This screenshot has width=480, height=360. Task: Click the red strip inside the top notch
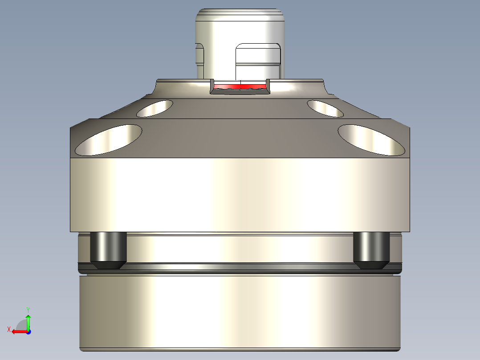tap(240, 86)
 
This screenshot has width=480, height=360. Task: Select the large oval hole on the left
tap(109, 140)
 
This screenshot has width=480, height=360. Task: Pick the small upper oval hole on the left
tap(155, 108)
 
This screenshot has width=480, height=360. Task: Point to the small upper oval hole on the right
tap(325, 108)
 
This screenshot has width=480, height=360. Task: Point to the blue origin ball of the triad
tap(28, 331)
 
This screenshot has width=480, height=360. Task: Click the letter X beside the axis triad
tap(9, 329)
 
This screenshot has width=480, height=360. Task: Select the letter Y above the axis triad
tap(28, 309)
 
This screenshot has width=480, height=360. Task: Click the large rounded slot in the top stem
tap(258, 60)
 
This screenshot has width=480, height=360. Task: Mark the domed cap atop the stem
tap(240, 13)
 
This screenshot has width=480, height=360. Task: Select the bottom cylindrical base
tap(240, 312)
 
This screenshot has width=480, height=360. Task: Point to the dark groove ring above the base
tap(240, 268)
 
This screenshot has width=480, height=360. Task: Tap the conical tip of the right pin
tap(371, 265)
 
